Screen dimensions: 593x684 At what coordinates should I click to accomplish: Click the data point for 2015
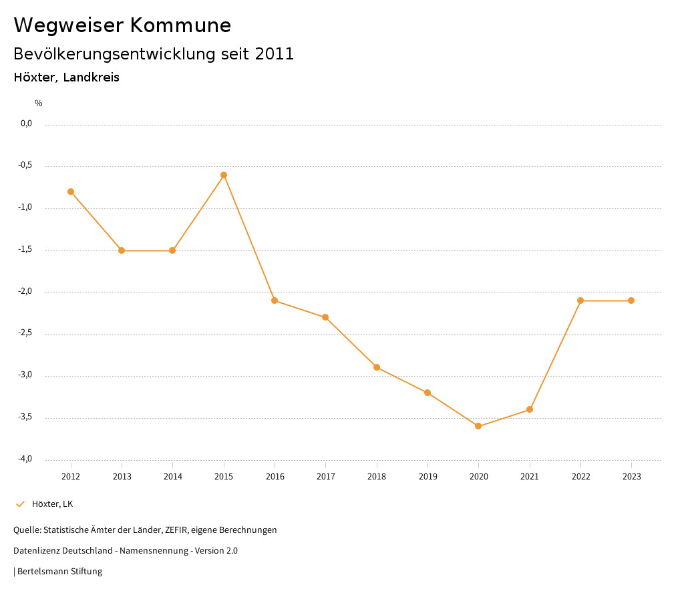[x=224, y=175]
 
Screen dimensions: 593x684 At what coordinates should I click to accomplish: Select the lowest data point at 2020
[x=478, y=426]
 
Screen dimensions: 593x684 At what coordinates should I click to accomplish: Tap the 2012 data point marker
[x=71, y=192]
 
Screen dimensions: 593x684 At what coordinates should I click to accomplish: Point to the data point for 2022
[x=580, y=301]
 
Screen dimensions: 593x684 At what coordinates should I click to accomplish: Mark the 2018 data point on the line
[x=377, y=367]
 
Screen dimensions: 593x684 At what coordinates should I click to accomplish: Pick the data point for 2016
[x=275, y=301]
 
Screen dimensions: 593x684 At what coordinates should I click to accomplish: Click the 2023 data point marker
[x=631, y=301]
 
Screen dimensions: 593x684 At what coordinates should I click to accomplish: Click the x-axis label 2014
[x=172, y=477]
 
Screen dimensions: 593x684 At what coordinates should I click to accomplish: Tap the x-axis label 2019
[x=427, y=477]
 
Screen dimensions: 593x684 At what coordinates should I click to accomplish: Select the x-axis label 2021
[x=530, y=477]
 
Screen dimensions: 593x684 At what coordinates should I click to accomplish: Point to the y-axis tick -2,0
[x=26, y=292]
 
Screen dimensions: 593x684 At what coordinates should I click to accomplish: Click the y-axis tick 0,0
[x=27, y=124]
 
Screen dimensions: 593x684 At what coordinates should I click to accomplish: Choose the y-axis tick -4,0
[x=26, y=459]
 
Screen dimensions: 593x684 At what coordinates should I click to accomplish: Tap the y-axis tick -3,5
[x=26, y=417]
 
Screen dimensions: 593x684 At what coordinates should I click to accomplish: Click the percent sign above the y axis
[x=39, y=104]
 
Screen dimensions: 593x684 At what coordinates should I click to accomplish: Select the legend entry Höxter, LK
[x=52, y=504]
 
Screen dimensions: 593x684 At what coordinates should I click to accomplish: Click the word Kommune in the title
[x=180, y=25]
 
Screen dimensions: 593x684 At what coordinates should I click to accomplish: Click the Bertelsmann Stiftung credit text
[x=59, y=572]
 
